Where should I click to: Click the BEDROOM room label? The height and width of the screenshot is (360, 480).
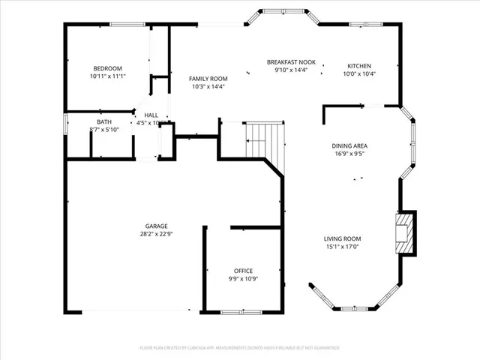click(x=107, y=67)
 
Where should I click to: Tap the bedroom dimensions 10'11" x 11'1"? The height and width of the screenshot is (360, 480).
click(x=107, y=76)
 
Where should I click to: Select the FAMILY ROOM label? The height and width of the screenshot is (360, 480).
click(x=208, y=78)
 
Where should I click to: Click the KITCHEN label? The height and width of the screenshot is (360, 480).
click(x=358, y=66)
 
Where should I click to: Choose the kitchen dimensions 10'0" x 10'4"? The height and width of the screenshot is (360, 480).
click(x=358, y=73)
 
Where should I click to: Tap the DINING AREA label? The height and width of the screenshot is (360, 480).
click(x=349, y=145)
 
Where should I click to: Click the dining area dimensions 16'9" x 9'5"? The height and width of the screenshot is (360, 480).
click(x=349, y=154)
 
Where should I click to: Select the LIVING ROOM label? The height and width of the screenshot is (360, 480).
click(x=343, y=238)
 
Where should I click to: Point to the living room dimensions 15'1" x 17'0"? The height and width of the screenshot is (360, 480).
click(x=343, y=247)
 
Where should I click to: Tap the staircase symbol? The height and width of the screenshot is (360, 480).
click(x=265, y=141)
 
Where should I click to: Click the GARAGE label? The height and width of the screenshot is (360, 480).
click(x=156, y=226)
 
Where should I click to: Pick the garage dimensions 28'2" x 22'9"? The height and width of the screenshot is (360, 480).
click(x=156, y=234)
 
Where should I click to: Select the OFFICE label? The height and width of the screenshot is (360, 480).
click(x=243, y=271)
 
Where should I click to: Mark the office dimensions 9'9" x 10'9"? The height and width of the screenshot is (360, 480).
click(x=243, y=279)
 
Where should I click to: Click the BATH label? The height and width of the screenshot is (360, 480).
click(x=104, y=122)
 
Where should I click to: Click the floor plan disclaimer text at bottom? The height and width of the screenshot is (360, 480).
click(x=240, y=348)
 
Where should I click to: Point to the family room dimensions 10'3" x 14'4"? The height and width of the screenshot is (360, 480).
click(x=208, y=86)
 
